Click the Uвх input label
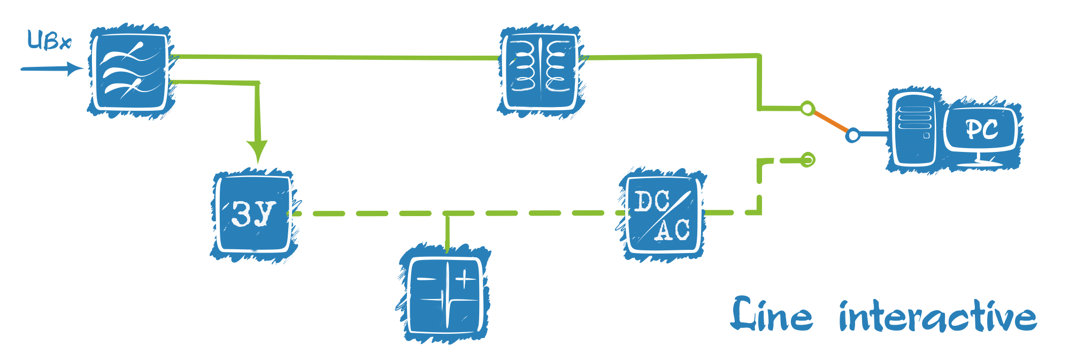pos(49,41)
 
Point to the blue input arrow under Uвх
pos(51,68)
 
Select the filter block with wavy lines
pos(130,71)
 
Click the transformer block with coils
pos(541,70)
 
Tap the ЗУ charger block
pos(254,213)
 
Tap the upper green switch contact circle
pos(807,109)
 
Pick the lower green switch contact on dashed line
pos(807,159)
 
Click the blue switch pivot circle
pos(853,135)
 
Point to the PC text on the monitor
pos(981,129)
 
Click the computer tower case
pos(914,128)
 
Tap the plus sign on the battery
pos(465,278)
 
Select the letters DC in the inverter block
pos(651,202)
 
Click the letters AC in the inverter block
pos(673,230)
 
